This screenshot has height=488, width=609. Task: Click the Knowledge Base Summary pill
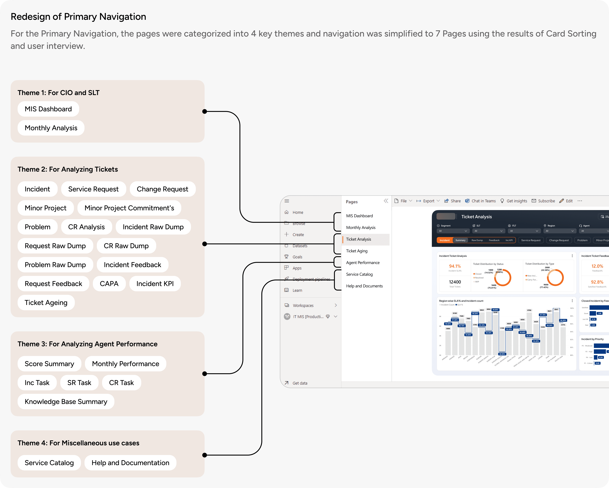(66, 402)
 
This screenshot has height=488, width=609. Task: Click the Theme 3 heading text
(87, 344)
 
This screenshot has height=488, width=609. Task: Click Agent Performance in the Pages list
(363, 263)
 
